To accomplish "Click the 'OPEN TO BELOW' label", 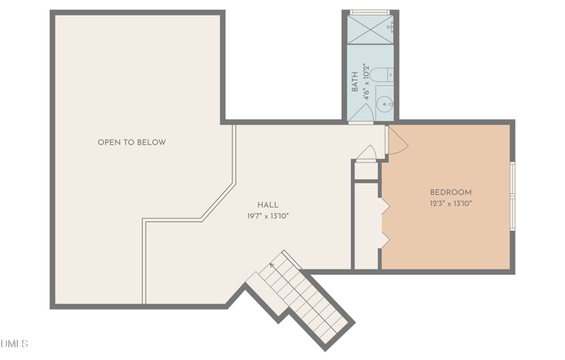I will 131,143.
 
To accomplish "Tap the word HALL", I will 268,205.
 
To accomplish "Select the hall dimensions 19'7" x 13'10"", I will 268,217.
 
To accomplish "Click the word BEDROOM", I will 451,192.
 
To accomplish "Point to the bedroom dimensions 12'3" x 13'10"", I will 451,203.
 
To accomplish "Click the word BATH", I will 355,83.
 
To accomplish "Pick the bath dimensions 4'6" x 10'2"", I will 366,79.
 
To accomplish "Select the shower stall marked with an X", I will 369,30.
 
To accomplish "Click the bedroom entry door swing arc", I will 397,140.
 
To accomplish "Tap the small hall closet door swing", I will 366,153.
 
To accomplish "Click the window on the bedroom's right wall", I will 513,196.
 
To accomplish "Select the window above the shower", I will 369,12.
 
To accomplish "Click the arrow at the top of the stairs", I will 272,266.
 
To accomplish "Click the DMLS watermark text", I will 14,344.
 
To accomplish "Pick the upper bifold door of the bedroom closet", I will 385,205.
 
